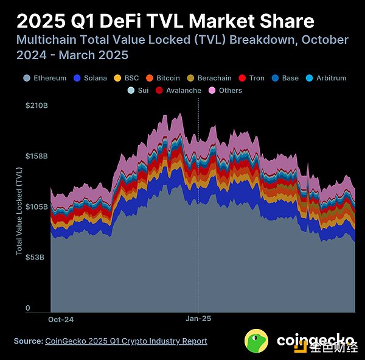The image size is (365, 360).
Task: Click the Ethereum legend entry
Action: (45, 78)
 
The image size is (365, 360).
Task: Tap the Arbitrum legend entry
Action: (328, 78)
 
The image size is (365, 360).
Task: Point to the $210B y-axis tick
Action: (36, 105)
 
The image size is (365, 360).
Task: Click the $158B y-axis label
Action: (36, 156)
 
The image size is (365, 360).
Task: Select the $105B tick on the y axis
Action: (36, 206)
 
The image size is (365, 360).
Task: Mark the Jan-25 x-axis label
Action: (198, 319)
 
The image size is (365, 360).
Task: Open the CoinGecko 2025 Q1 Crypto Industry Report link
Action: (126, 341)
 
